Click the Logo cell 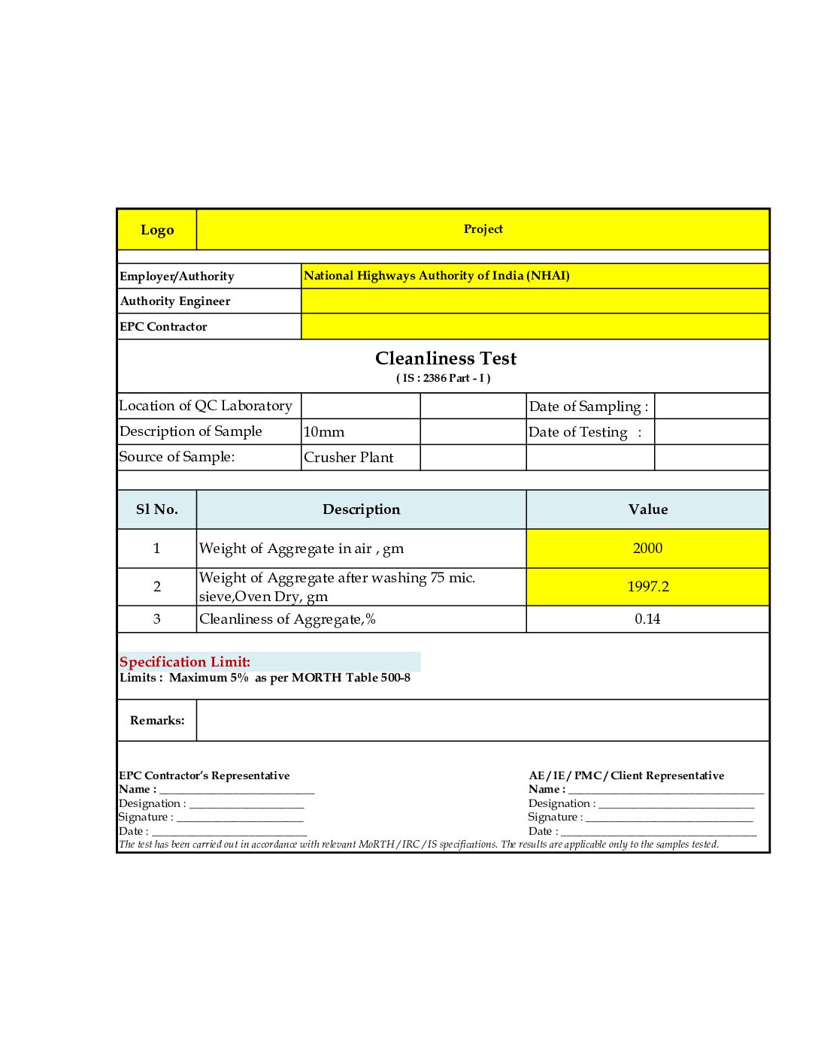pos(157,230)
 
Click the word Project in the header pos(483,229)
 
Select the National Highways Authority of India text pos(436,276)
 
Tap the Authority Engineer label pos(175,301)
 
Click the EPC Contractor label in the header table pos(163,327)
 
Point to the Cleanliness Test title pos(446,358)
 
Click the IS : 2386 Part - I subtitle pos(444,378)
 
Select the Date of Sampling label pos(588,407)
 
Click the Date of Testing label pos(584,432)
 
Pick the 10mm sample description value pos(324,432)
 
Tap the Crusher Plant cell pos(349,458)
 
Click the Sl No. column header pos(157,509)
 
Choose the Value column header pos(648,509)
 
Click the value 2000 pos(648,549)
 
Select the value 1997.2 pos(648,587)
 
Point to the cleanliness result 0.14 pos(647,619)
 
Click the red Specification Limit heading pos(185,662)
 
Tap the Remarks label pos(157,721)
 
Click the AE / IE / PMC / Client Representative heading pos(626,775)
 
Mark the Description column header pos(361,509)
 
